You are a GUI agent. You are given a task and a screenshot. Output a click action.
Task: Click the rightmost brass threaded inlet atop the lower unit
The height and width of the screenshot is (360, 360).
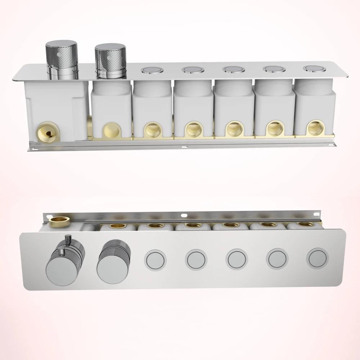[305, 224]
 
